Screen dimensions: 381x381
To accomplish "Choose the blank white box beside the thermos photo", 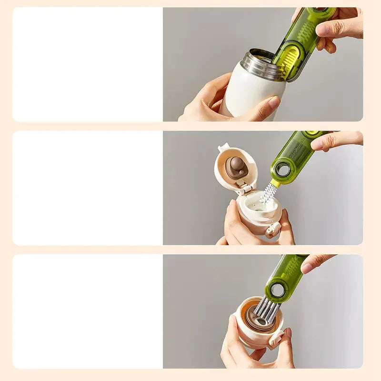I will tap(88, 64).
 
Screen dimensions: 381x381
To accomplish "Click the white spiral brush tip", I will tap(269, 193).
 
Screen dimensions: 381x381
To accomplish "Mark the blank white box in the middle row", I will tap(88, 188).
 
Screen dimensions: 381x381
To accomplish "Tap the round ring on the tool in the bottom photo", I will tap(277, 290).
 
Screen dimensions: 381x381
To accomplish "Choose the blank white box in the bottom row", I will tap(88, 311).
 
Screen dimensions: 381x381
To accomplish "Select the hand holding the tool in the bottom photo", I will tap(317, 262).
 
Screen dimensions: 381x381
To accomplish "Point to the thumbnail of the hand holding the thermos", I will tap(274, 102).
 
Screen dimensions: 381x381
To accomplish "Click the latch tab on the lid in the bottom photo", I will tap(277, 339).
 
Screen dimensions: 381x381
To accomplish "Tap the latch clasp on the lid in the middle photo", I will tap(273, 230).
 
